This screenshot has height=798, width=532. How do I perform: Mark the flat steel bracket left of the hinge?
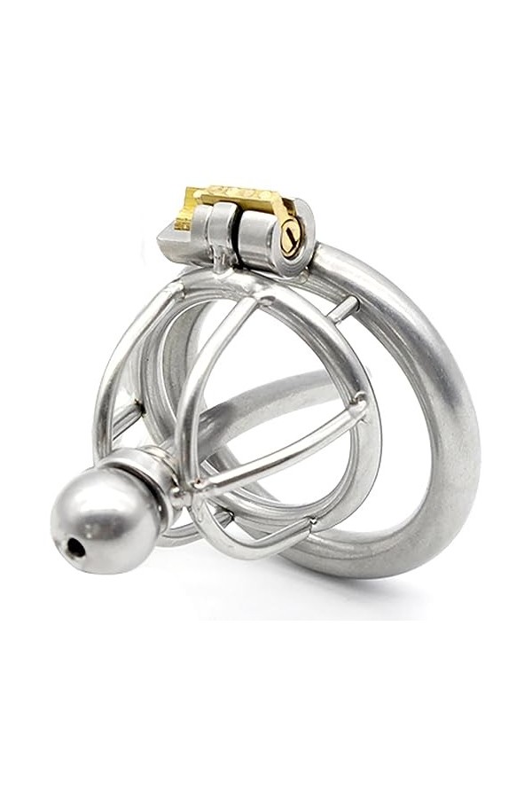(x=173, y=238)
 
